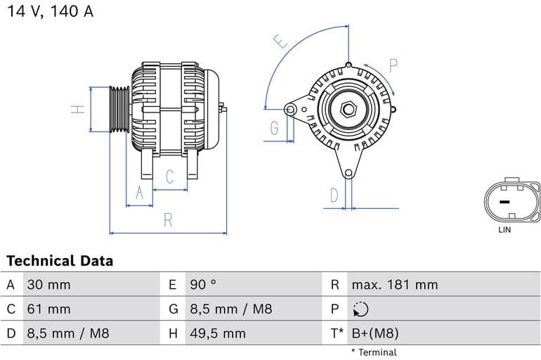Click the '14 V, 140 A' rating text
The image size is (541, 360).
50,12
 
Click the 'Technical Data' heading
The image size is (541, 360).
60,261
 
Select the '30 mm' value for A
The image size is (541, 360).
49,285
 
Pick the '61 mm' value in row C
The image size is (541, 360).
49,309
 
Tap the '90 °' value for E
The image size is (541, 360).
204,285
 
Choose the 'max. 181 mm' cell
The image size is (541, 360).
394,285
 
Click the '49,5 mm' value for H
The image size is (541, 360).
218,333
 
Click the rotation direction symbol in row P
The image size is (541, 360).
360,309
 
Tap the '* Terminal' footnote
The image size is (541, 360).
374,352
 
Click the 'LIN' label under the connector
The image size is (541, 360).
504,230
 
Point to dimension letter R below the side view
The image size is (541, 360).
168,220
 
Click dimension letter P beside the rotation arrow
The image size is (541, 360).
393,66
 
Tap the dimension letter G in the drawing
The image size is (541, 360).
274,128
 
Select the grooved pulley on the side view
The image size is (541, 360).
119,109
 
